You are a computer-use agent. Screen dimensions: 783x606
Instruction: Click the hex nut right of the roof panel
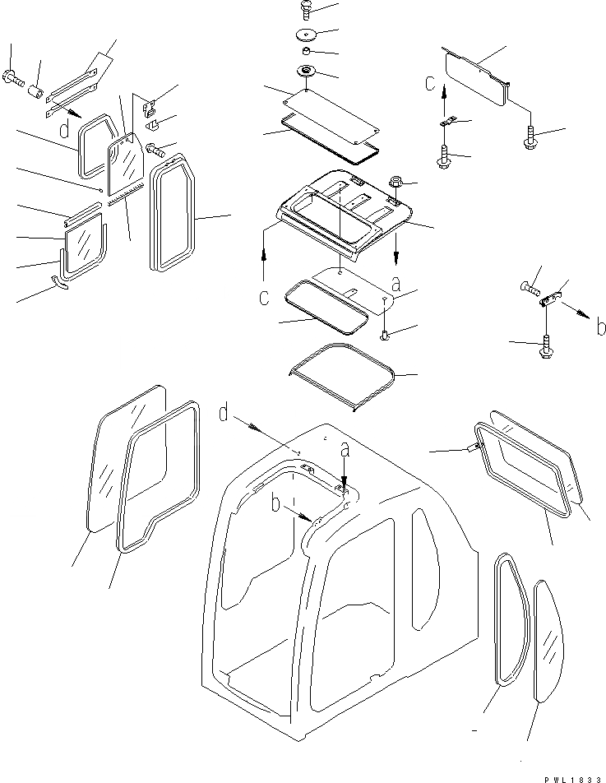[393, 182]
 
